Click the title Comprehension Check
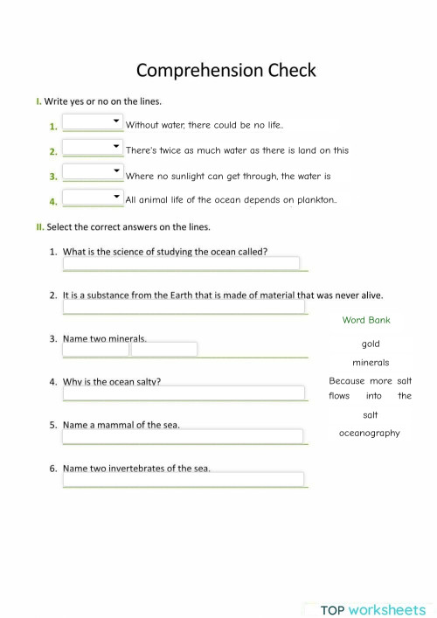226,70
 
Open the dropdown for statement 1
93,122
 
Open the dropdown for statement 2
93,148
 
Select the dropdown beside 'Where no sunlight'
93,173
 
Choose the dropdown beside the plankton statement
93,198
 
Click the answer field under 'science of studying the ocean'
181,263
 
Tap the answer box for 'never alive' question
184,307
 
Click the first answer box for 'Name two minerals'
96,349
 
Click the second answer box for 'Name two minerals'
164,349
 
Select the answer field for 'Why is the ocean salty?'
183,393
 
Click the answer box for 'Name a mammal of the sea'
183,435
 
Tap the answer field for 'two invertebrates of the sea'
183,479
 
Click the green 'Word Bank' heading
366,320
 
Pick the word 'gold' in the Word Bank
371,344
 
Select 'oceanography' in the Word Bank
370,433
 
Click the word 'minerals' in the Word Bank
371,363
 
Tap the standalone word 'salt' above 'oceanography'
371,414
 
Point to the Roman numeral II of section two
39,227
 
